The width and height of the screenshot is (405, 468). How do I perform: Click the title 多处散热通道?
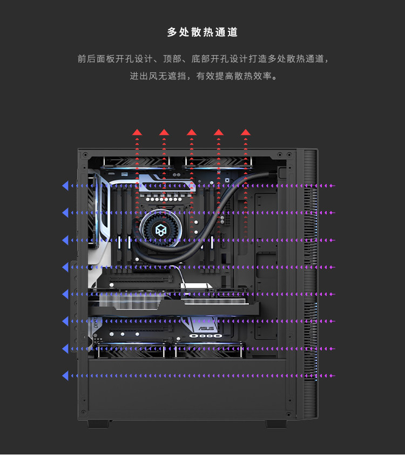coord(202,32)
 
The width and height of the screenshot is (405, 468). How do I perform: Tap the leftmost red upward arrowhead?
coord(137,132)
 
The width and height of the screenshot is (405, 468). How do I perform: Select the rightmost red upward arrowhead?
coord(246,132)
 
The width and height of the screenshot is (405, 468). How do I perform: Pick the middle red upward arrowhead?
coord(192,132)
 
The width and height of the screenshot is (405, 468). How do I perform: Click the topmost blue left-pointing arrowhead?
coord(65,186)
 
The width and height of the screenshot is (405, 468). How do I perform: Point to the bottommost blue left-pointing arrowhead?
coord(65,375)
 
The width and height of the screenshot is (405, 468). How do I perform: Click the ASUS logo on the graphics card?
coord(206,327)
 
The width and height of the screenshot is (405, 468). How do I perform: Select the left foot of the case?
coord(99,424)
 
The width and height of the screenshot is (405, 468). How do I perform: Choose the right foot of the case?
coord(276,424)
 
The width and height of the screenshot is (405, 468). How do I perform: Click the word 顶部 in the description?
coord(171,59)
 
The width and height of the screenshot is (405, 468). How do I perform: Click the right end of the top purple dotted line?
coord(334,186)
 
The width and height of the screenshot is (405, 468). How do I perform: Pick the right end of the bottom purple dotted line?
coord(334,375)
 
